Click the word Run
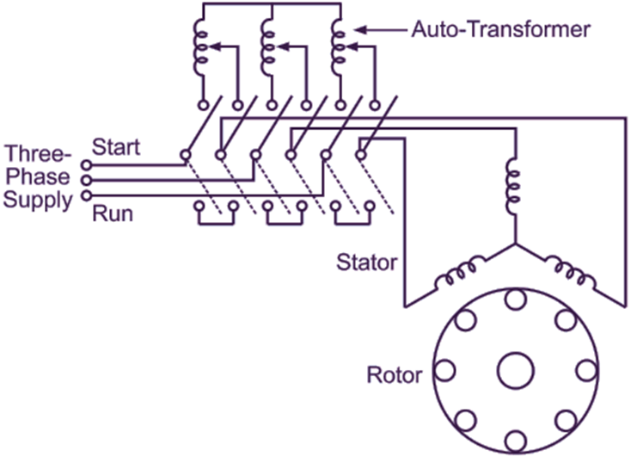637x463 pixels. [113, 213]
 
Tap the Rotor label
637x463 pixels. [394, 375]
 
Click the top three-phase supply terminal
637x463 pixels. [84, 164]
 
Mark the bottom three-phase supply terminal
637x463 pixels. [84, 196]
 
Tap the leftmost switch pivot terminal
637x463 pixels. [186, 155]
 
